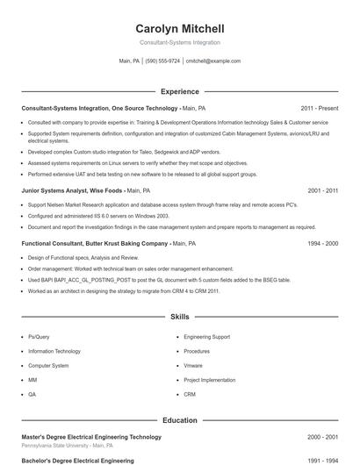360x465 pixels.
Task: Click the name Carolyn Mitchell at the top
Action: point(180,29)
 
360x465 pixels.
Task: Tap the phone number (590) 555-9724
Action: point(162,61)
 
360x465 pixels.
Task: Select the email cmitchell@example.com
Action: point(213,61)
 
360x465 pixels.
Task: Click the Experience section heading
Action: point(180,91)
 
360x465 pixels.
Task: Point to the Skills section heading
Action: point(180,316)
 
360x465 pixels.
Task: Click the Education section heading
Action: point(180,420)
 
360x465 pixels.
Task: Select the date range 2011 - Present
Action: point(319,108)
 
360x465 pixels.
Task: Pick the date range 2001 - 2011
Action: point(323,190)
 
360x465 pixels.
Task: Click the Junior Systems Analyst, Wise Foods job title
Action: point(73,190)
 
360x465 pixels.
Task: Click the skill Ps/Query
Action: point(39,336)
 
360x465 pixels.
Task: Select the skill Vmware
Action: point(193,365)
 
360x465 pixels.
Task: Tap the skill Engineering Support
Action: point(207,336)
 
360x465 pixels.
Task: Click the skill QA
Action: point(32,395)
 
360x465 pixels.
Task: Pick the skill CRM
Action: point(190,395)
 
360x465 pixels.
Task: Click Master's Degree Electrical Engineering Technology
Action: point(91,436)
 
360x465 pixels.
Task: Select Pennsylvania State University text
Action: point(60,446)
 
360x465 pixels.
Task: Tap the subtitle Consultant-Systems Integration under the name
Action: point(180,42)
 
